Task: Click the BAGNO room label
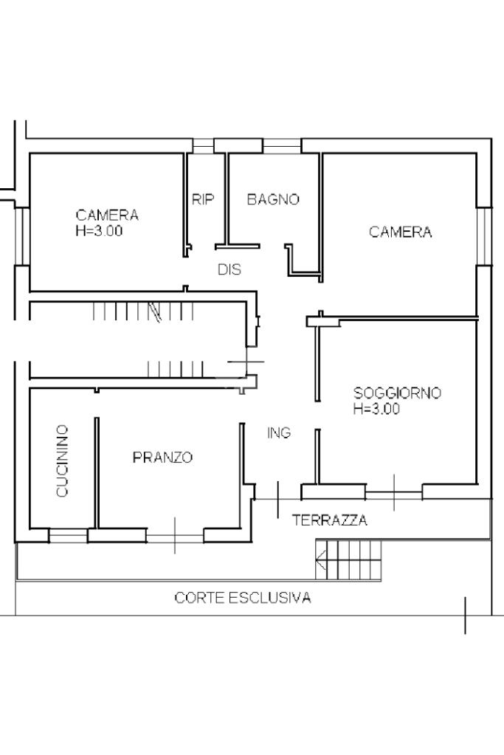point(273,199)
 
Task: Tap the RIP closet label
point(203,199)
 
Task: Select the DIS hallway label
point(229,270)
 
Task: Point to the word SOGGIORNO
point(397,393)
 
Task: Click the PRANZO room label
point(162,458)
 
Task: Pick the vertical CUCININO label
point(63,461)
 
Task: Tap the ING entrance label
point(279,433)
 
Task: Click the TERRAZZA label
point(330,520)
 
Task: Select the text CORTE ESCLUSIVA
point(243,598)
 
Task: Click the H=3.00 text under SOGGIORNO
point(376,410)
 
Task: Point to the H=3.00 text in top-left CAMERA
point(99,230)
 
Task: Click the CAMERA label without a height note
point(401,232)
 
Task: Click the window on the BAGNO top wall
point(282,145)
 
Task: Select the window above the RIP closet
point(203,145)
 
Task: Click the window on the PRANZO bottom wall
point(175,535)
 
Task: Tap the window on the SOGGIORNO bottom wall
point(393,492)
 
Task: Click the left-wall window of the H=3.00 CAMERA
point(21,235)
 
